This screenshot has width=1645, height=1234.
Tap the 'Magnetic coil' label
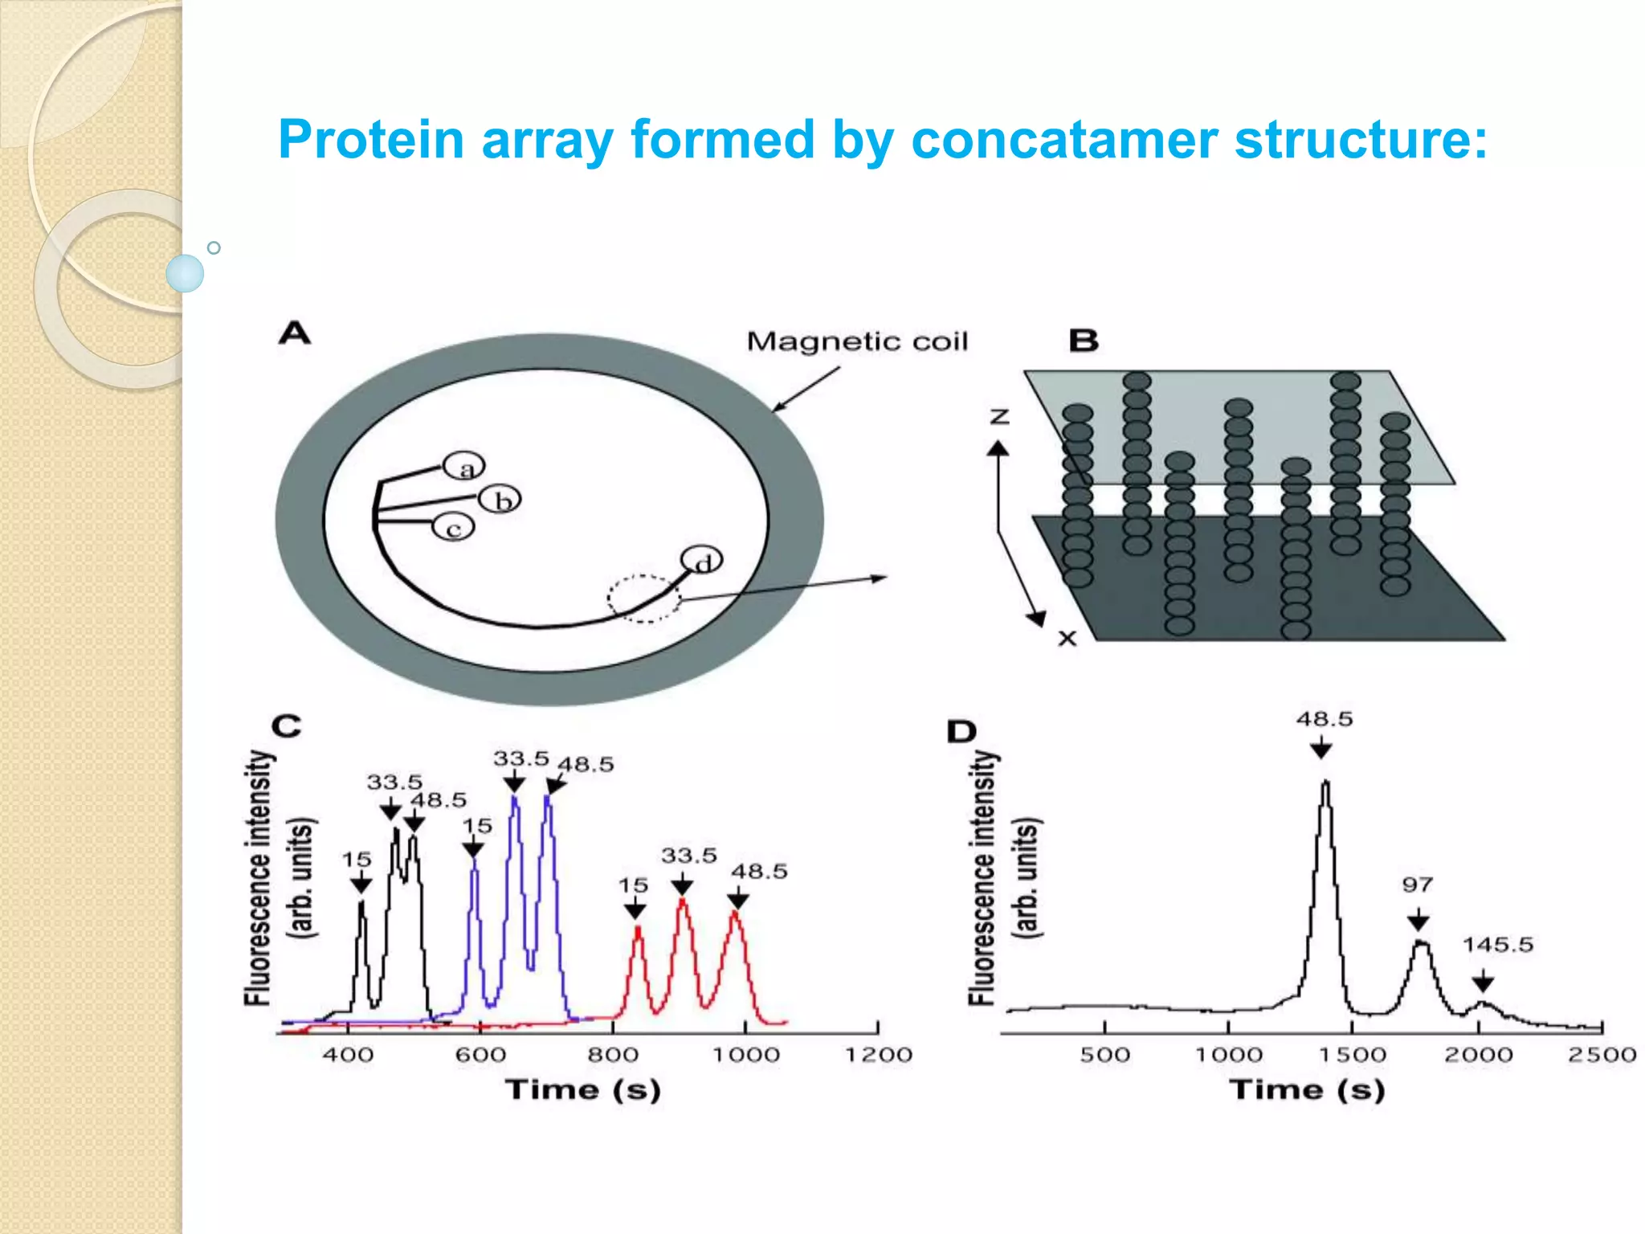click(857, 342)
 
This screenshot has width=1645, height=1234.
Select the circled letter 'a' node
click(464, 468)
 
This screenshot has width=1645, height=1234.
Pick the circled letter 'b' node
click(500, 501)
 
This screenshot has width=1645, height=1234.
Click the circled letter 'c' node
click(454, 529)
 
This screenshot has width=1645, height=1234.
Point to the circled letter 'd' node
click(701, 561)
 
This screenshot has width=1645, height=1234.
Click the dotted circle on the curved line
click(643, 599)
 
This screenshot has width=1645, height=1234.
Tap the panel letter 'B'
click(1084, 341)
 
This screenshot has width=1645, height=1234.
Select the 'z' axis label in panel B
click(999, 416)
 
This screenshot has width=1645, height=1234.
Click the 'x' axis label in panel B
click(1067, 639)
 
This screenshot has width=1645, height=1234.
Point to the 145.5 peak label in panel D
click(1497, 945)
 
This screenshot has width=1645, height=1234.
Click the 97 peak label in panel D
click(1418, 885)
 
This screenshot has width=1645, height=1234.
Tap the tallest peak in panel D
click(1325, 783)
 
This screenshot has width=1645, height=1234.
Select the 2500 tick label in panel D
click(1602, 1055)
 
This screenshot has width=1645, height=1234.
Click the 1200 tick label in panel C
click(878, 1055)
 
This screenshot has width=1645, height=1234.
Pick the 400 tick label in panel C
click(348, 1055)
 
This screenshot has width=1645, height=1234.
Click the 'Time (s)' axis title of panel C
click(583, 1090)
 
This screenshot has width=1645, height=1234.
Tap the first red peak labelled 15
click(637, 930)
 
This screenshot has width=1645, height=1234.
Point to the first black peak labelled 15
click(361, 905)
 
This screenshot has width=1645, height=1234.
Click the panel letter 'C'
click(287, 726)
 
